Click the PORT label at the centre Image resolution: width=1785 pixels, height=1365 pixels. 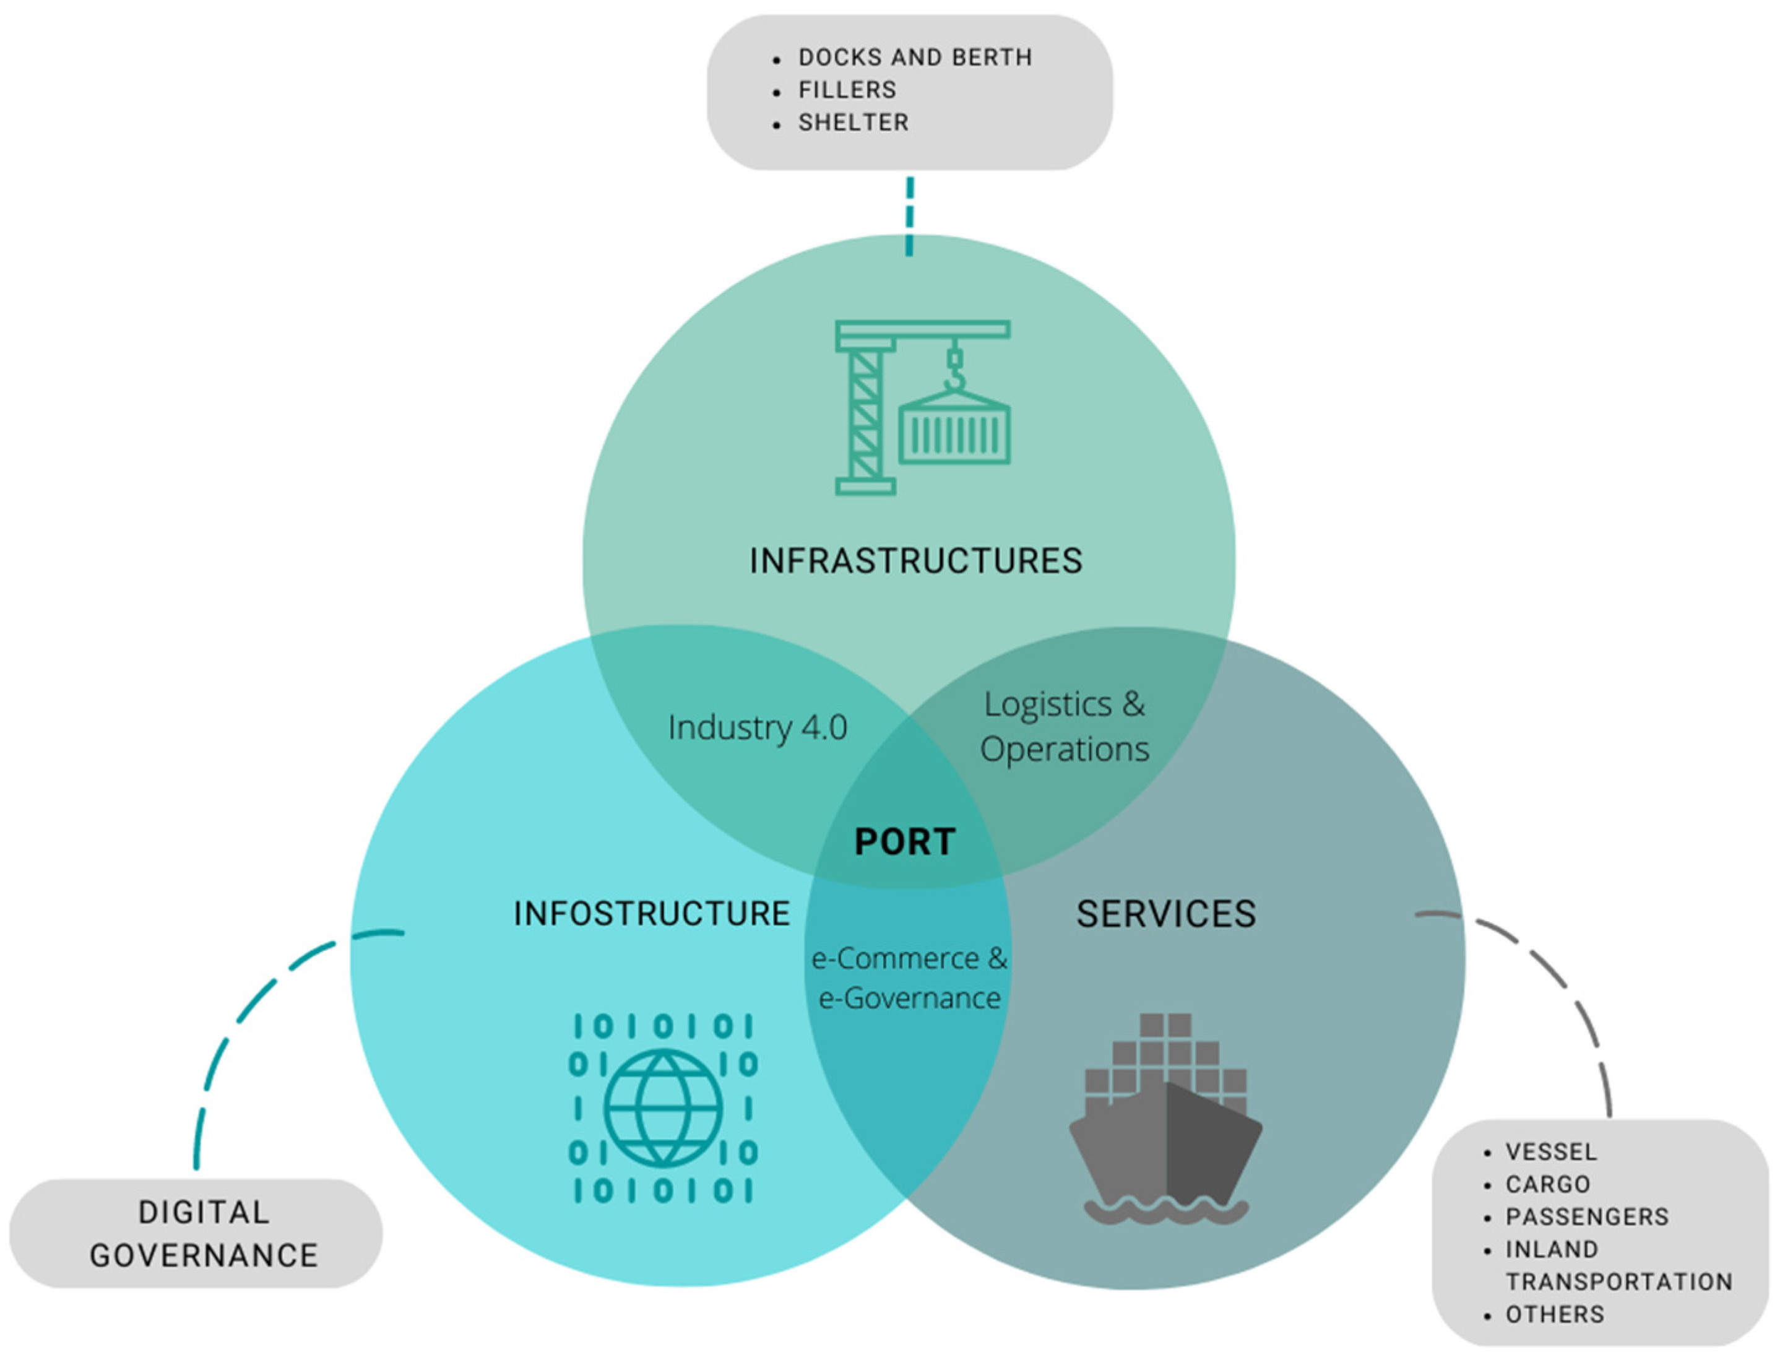point(904,842)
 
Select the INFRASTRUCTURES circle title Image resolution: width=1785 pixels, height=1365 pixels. point(915,561)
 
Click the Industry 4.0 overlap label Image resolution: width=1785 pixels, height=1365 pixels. point(757,727)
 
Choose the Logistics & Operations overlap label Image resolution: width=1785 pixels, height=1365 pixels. point(1065,726)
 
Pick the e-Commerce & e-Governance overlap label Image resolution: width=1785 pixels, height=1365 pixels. point(909,978)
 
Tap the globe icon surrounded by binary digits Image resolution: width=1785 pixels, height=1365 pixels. point(663,1108)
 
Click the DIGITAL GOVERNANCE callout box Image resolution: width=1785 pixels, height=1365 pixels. point(196,1233)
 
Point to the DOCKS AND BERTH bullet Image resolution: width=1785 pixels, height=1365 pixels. point(915,58)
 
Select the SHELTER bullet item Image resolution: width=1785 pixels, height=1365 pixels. point(853,123)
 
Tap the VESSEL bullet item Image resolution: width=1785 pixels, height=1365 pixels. point(1551,1152)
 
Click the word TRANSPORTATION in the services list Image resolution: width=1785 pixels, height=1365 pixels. point(1619,1282)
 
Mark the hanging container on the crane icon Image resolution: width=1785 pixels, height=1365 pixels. point(954,431)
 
